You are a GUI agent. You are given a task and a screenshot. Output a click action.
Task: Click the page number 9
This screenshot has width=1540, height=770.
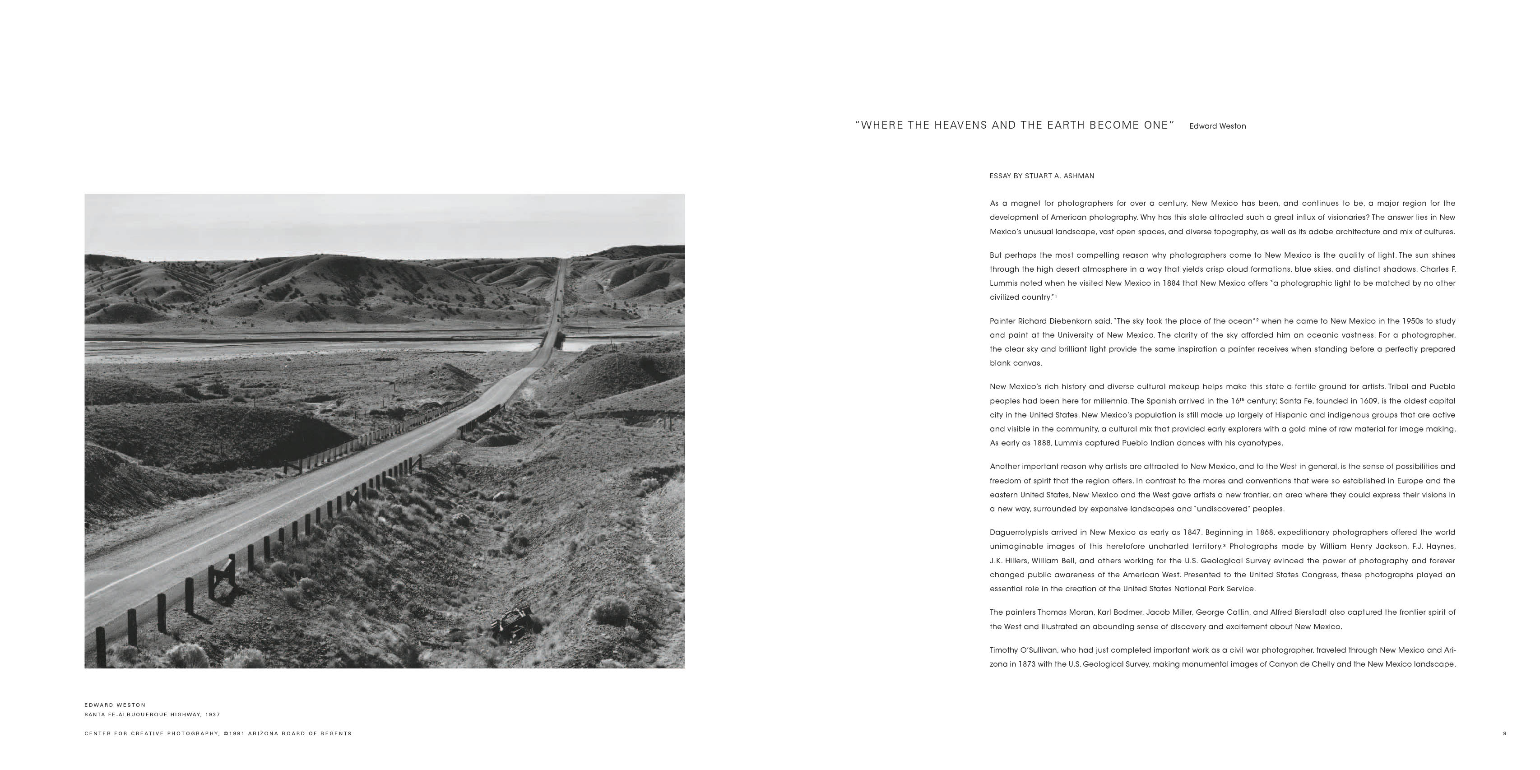[1505, 733]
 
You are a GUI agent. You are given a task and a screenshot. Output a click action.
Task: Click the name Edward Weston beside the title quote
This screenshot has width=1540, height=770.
[1217, 126]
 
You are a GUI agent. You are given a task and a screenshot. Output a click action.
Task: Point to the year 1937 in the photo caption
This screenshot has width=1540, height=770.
[213, 715]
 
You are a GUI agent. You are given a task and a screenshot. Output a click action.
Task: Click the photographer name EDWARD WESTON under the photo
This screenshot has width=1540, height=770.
[115, 705]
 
